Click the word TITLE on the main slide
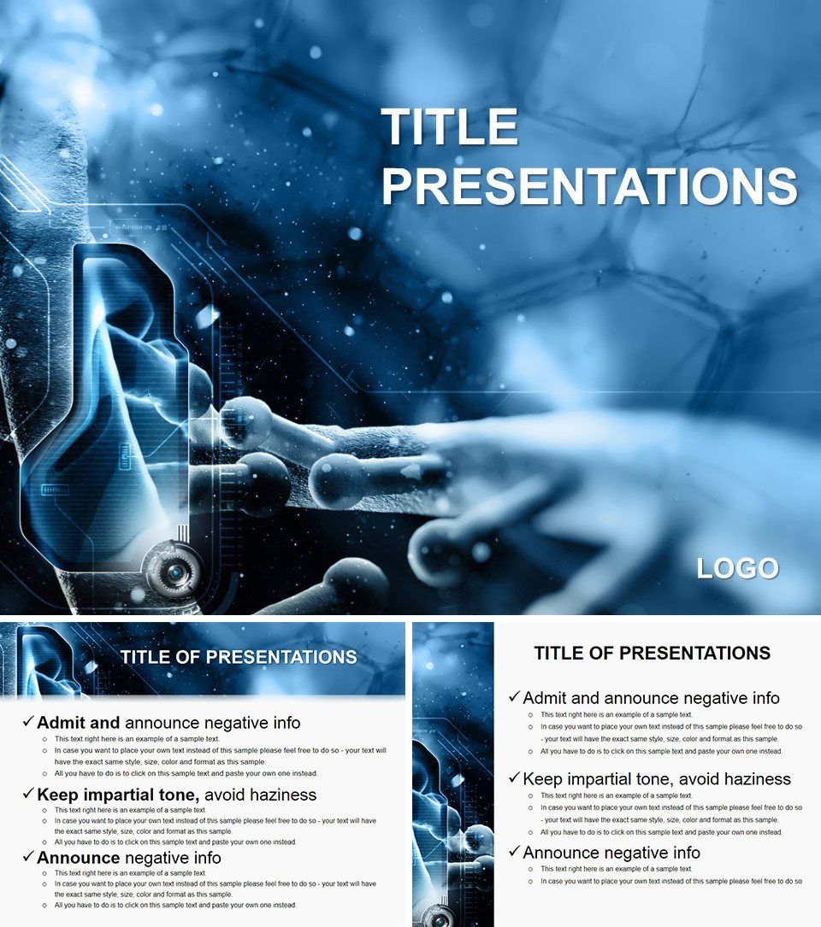pyautogui.click(x=450, y=128)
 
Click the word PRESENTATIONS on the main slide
pyautogui.click(x=589, y=186)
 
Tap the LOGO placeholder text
pyautogui.click(x=737, y=569)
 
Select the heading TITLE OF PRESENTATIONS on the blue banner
pyautogui.click(x=239, y=657)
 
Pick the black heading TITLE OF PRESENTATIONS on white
pyautogui.click(x=652, y=654)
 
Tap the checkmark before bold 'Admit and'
pyautogui.click(x=28, y=722)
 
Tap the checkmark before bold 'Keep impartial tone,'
pyautogui.click(x=28, y=794)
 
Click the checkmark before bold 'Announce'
pyautogui.click(x=28, y=856)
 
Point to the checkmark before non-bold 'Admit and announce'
pyautogui.click(x=514, y=697)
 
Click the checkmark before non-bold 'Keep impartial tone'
pyautogui.click(x=514, y=777)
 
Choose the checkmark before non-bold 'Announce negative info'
pyautogui.click(x=514, y=851)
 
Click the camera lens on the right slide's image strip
pyautogui.click(x=438, y=919)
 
